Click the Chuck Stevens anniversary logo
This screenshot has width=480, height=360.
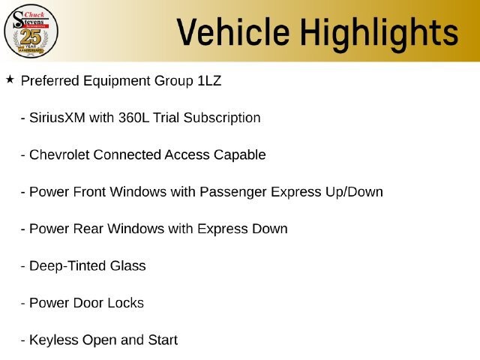[x=31, y=31]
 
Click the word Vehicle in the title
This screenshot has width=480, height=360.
[x=233, y=31]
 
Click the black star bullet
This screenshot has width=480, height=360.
[x=10, y=79]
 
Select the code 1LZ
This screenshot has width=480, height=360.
[x=209, y=81]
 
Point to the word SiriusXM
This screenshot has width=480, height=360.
[x=57, y=118]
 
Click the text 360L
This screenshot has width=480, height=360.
[x=133, y=118]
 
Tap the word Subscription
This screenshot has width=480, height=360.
[x=222, y=118]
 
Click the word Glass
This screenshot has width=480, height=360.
[x=128, y=265]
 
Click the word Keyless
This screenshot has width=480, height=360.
[x=54, y=340]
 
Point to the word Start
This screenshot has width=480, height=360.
[x=163, y=340]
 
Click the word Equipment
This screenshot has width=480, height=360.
[x=117, y=82]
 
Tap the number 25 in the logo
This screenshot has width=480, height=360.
[x=31, y=37]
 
